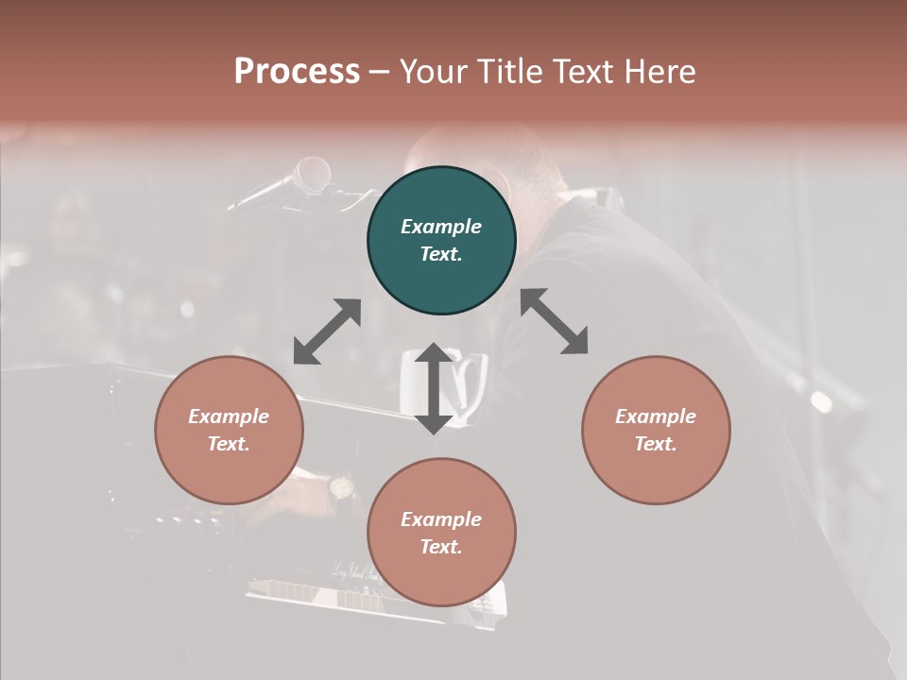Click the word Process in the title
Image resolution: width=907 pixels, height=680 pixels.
point(297,72)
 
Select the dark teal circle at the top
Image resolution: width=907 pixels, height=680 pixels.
point(441,241)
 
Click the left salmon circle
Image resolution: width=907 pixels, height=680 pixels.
point(229,430)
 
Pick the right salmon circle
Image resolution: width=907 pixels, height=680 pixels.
point(656,430)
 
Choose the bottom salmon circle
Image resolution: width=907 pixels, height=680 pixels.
point(441,533)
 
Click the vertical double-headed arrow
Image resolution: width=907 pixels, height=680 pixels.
point(434,388)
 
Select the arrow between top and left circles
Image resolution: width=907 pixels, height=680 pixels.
point(327,331)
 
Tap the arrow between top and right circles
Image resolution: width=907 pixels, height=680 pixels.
point(555,321)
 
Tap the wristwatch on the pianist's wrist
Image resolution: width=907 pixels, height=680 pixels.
point(340,488)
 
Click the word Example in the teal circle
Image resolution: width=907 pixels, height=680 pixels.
point(441,227)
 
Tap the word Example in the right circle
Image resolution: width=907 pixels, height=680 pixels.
point(656,416)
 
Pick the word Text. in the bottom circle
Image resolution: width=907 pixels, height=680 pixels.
point(441,547)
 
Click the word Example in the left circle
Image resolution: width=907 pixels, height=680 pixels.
point(229,416)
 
